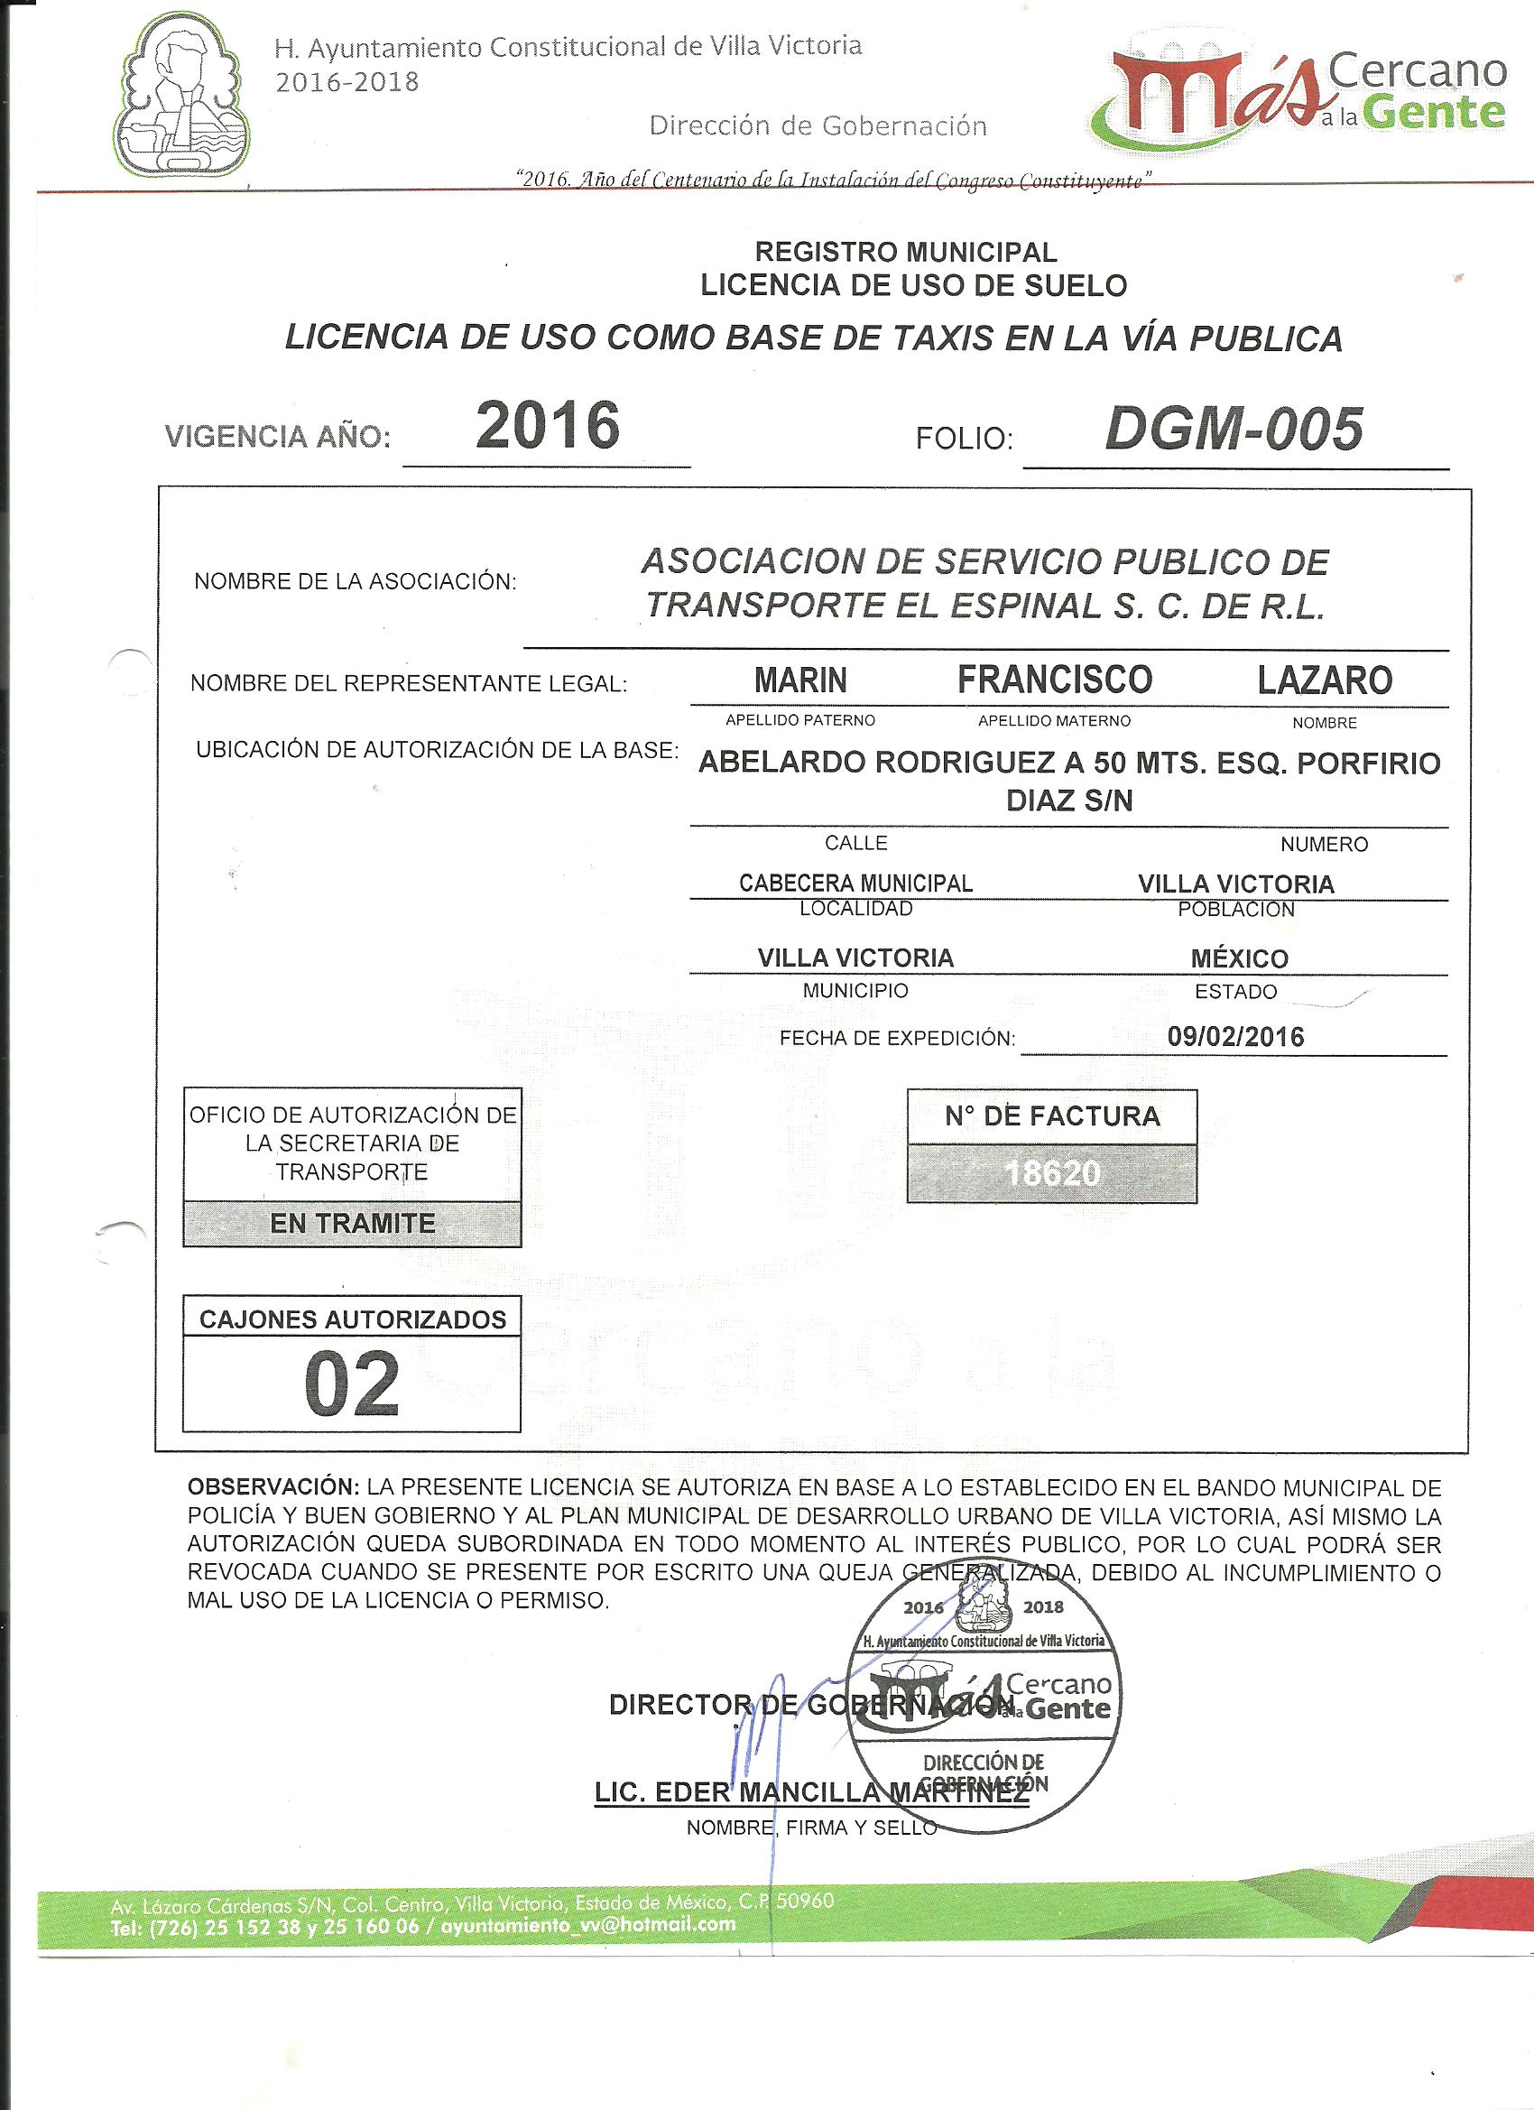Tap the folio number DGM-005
pyautogui.click(x=1234, y=430)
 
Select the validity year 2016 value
pyautogui.click(x=547, y=426)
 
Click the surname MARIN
pyautogui.click(x=800, y=681)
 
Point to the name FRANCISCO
pyautogui.click(x=1054, y=680)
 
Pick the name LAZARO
pyautogui.click(x=1324, y=681)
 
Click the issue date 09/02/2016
pyautogui.click(x=1235, y=1037)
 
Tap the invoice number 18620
pyautogui.click(x=1052, y=1174)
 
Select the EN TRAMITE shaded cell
pyautogui.click(x=353, y=1224)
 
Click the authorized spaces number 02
pyautogui.click(x=352, y=1385)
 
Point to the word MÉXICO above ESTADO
pyautogui.click(x=1239, y=958)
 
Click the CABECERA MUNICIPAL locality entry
pyautogui.click(x=855, y=883)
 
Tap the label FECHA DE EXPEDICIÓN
pyautogui.click(x=897, y=1038)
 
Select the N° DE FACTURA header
pyautogui.click(x=1052, y=1116)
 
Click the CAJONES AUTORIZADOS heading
pyautogui.click(x=353, y=1319)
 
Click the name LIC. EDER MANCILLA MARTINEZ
pyautogui.click(x=811, y=1792)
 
